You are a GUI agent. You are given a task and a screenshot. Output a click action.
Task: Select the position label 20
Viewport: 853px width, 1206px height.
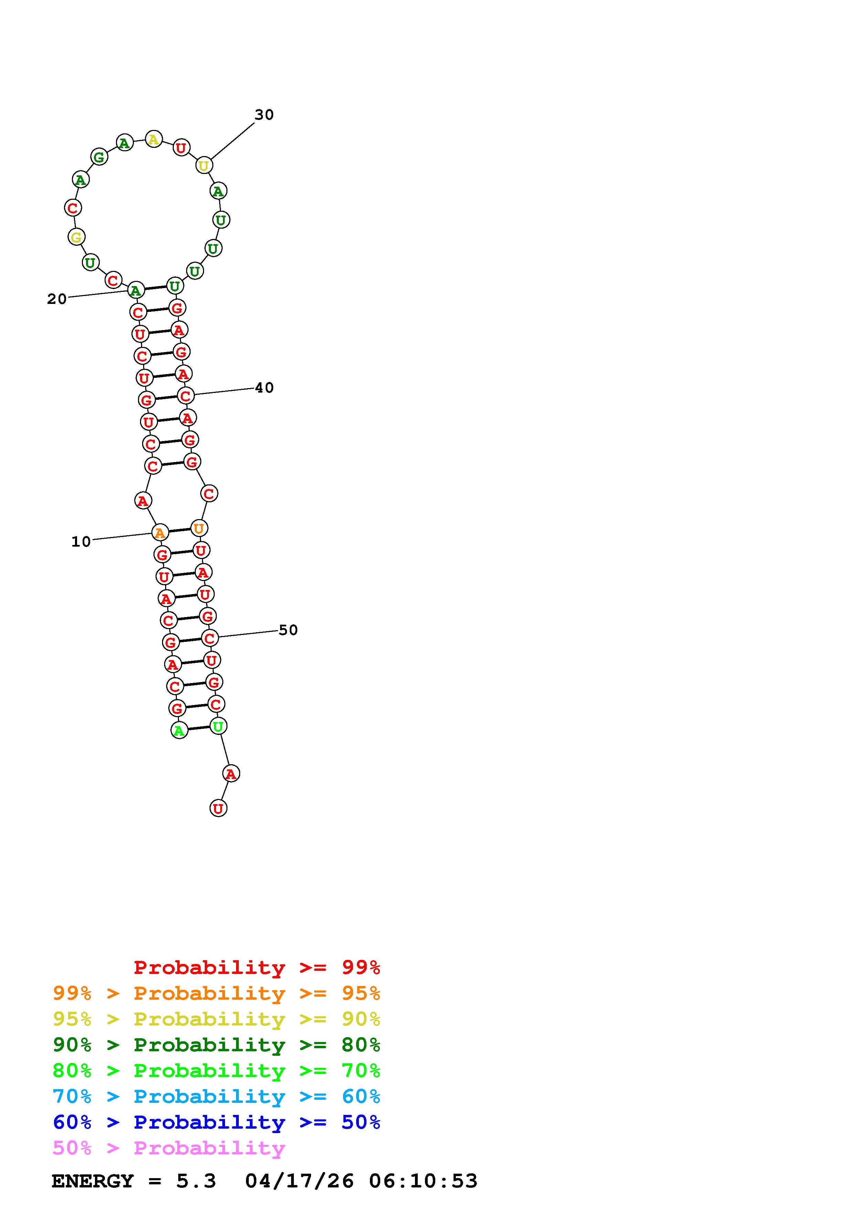[x=57, y=299]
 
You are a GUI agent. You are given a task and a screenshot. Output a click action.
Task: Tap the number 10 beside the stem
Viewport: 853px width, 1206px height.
[x=81, y=541]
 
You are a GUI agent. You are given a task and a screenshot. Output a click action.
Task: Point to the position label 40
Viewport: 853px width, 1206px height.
[x=264, y=388]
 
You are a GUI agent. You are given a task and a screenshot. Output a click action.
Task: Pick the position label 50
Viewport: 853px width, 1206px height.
[x=288, y=630]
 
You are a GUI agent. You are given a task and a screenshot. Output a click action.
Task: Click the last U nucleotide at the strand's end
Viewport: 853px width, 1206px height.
[x=218, y=808]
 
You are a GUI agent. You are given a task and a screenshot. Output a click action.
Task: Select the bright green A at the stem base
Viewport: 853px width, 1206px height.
[x=179, y=730]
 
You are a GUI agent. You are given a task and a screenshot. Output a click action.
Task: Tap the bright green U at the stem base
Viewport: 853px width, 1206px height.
[x=218, y=726]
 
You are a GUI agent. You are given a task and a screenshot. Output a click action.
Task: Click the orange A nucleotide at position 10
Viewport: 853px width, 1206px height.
[x=160, y=533]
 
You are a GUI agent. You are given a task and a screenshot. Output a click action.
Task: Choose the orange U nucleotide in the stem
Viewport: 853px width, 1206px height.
[x=199, y=528]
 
